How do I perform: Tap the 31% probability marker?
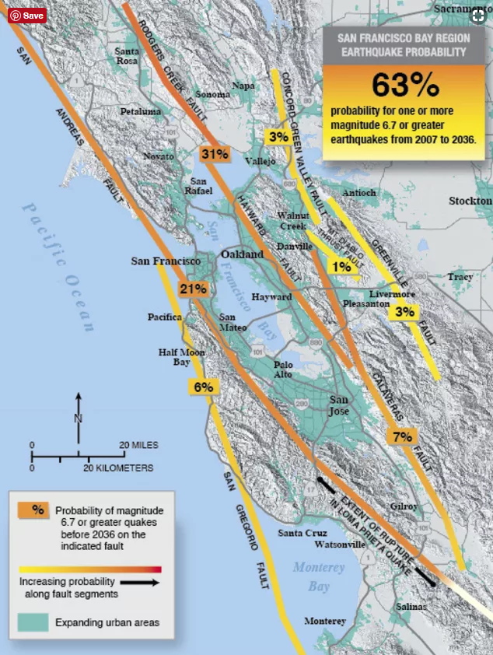point(213,154)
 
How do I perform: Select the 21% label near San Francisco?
point(192,289)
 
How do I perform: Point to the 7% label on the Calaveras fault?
point(402,437)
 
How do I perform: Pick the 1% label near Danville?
point(341,267)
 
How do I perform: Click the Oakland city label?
point(243,255)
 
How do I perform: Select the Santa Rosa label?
point(127,56)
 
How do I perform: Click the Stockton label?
point(470,201)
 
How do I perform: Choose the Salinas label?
point(411,606)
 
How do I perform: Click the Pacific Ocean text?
point(58,264)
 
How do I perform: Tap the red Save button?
point(27,15)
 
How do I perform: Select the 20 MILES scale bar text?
point(138,445)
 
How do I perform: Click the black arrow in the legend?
point(141,581)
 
